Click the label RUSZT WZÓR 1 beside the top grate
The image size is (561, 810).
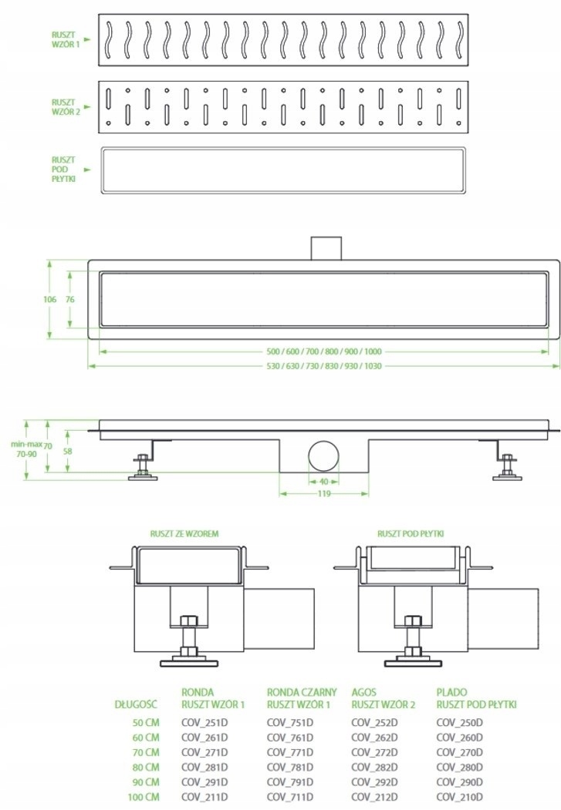pos(66,40)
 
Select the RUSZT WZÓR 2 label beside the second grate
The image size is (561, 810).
pos(66,107)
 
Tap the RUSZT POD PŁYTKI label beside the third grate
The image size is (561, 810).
pos(63,170)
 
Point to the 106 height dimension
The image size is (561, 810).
pos(49,300)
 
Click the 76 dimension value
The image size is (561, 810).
pos(70,300)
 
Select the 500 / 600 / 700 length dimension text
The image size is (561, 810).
pos(324,351)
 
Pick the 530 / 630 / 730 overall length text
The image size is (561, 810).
pos(324,366)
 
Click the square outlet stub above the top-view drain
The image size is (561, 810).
pos(326,248)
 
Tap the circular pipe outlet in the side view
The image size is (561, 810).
pos(324,457)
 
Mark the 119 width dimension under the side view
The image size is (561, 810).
pos(324,494)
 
